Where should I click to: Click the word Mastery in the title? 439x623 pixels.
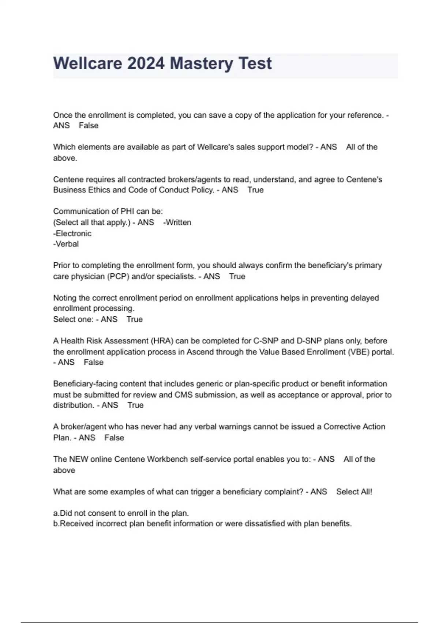(201, 63)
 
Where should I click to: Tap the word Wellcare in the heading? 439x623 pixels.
(87, 63)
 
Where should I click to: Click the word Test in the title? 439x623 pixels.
(255, 63)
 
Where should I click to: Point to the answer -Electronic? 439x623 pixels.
(72, 233)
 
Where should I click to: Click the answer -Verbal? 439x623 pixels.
(66, 244)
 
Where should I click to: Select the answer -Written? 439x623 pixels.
(177, 222)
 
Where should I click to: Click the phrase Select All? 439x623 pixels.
(354, 492)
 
